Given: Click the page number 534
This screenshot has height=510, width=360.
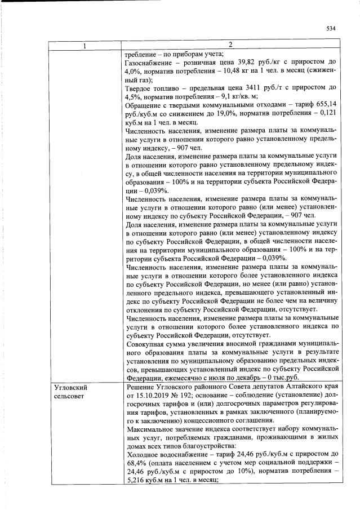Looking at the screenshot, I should click(x=331, y=28).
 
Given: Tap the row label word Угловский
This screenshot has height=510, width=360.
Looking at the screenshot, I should click(x=70, y=388).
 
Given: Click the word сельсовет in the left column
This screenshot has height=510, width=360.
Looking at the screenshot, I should click(x=68, y=397).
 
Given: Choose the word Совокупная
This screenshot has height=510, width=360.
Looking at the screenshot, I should click(x=149, y=343).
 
